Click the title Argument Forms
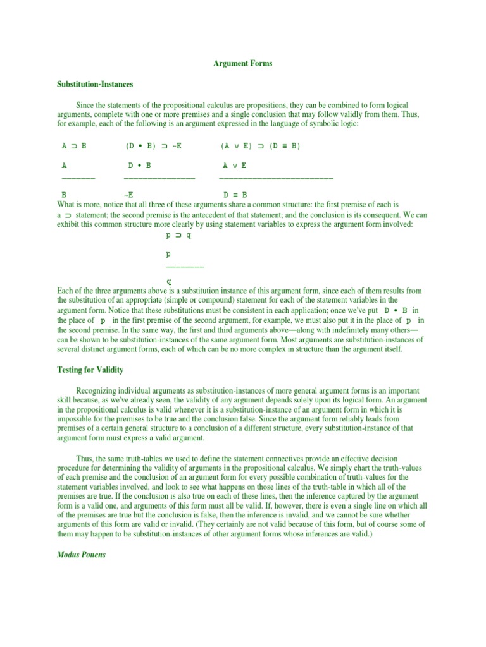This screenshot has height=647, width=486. click(242, 64)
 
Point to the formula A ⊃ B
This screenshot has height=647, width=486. click(74, 146)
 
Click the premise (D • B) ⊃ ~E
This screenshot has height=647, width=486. click(154, 146)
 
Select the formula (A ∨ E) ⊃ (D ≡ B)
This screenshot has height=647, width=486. click(261, 146)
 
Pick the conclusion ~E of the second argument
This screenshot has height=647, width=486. click(128, 195)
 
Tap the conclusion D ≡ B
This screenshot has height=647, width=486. click(235, 195)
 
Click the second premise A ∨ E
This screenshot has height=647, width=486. click(235, 166)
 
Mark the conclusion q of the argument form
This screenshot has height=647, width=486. click(168, 282)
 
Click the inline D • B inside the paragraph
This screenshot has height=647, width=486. click(396, 311)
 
